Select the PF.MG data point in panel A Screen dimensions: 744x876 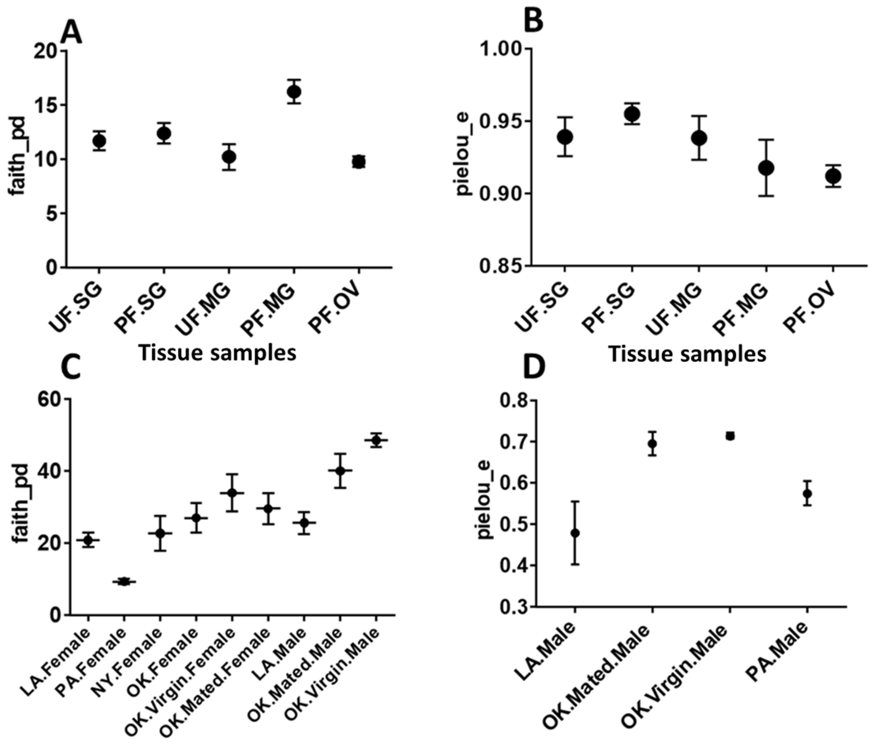coord(294,91)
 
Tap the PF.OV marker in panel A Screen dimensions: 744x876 coord(359,162)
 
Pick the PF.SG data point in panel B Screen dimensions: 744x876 coord(632,114)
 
